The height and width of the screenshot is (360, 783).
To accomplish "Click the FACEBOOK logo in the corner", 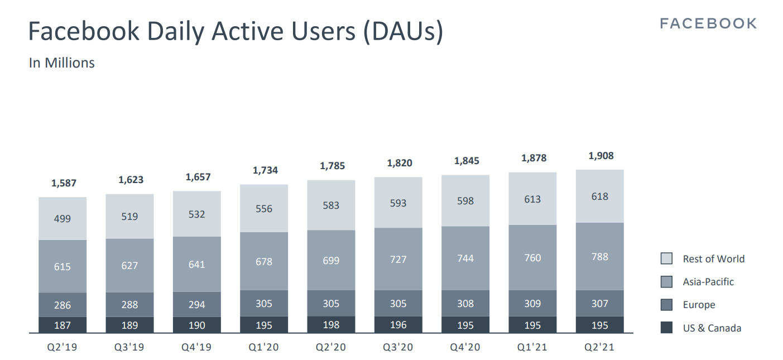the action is click(x=708, y=23).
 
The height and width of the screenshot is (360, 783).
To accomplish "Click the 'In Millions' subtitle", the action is click(x=61, y=63).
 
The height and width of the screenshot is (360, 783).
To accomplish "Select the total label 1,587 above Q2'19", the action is click(x=64, y=183).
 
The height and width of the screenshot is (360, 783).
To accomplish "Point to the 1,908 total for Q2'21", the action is click(x=601, y=156).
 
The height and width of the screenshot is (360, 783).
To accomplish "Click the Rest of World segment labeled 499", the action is click(x=63, y=218).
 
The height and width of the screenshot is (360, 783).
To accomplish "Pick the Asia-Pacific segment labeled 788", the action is click(x=600, y=257).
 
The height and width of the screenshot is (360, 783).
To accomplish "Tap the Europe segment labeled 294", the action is click(x=197, y=304).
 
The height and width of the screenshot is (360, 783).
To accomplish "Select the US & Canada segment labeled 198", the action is click(x=331, y=325).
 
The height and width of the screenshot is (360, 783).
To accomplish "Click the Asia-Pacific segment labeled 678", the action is click(x=264, y=261).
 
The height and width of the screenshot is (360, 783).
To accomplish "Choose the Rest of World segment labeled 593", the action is click(x=398, y=203).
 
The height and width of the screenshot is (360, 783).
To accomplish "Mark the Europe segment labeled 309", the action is click(x=533, y=304).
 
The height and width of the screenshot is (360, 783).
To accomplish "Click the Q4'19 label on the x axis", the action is click(x=196, y=347).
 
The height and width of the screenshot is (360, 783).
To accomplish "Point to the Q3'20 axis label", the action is click(x=398, y=347).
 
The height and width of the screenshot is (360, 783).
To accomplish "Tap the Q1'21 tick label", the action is click(x=532, y=347).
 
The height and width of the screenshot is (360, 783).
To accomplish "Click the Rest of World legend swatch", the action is click(x=666, y=258).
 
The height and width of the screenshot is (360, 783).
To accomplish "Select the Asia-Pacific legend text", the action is click(x=708, y=282).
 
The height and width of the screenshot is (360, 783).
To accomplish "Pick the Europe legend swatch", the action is click(x=666, y=305).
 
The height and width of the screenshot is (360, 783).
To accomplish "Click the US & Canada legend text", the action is click(x=712, y=328).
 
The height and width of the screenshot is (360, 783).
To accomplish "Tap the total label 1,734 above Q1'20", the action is click(x=265, y=170).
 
